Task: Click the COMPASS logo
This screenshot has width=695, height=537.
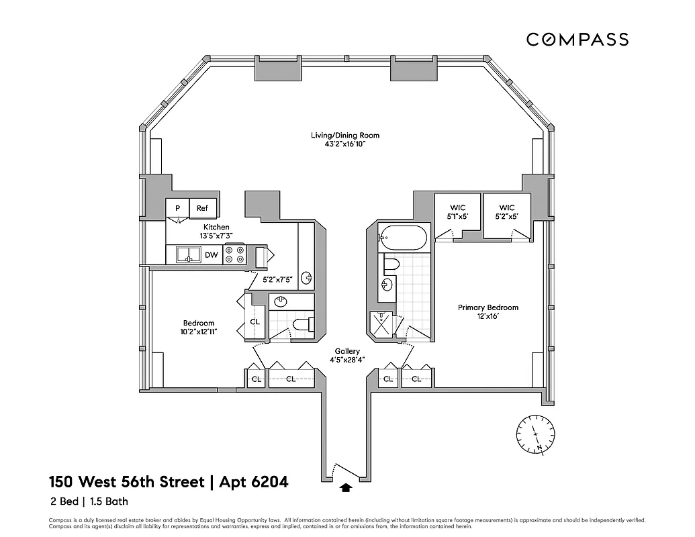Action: [577, 40]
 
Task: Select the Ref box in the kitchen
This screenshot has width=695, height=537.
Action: [202, 208]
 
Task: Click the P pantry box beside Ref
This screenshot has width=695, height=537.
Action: [178, 208]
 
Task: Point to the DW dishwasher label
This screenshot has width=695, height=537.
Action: [211, 255]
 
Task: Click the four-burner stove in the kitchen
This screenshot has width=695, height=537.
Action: [234, 255]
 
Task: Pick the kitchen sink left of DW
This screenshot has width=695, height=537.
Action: [189, 255]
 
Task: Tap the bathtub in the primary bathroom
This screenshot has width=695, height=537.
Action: [402, 237]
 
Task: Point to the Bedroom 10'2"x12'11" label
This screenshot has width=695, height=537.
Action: [198, 327]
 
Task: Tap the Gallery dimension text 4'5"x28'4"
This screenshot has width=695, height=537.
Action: [347, 360]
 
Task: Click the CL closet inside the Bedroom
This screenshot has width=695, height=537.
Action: [255, 322]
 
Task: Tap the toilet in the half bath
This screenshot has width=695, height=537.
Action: [303, 326]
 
